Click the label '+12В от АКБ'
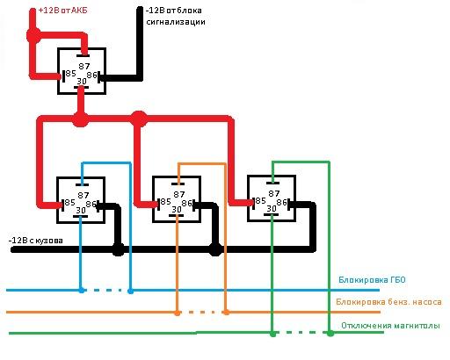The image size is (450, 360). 63,11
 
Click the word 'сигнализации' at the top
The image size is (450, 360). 176,22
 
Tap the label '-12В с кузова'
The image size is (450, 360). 36,241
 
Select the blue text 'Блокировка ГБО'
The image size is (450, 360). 372,280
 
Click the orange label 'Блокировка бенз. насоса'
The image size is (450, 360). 388,302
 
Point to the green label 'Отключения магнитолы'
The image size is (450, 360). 390,326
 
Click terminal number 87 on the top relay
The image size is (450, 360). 84,67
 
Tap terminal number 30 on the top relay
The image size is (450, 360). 82,81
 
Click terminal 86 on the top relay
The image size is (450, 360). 91,76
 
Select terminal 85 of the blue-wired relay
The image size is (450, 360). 69,203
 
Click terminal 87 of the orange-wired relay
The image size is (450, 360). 178,194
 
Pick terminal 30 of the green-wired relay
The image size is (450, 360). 272,208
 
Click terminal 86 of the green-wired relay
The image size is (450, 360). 281,202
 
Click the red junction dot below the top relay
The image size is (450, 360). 80,119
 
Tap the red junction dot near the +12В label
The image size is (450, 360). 33,36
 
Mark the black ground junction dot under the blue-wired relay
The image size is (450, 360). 119,249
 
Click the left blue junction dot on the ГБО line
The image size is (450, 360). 82,291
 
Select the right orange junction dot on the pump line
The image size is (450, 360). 226,313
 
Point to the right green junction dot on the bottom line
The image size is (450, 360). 330,333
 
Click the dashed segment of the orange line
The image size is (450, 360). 201,313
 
